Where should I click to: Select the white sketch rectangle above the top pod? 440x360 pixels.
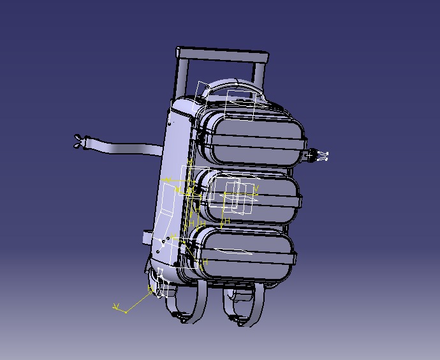(240, 105)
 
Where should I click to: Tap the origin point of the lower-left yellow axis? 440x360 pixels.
(126, 312)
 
